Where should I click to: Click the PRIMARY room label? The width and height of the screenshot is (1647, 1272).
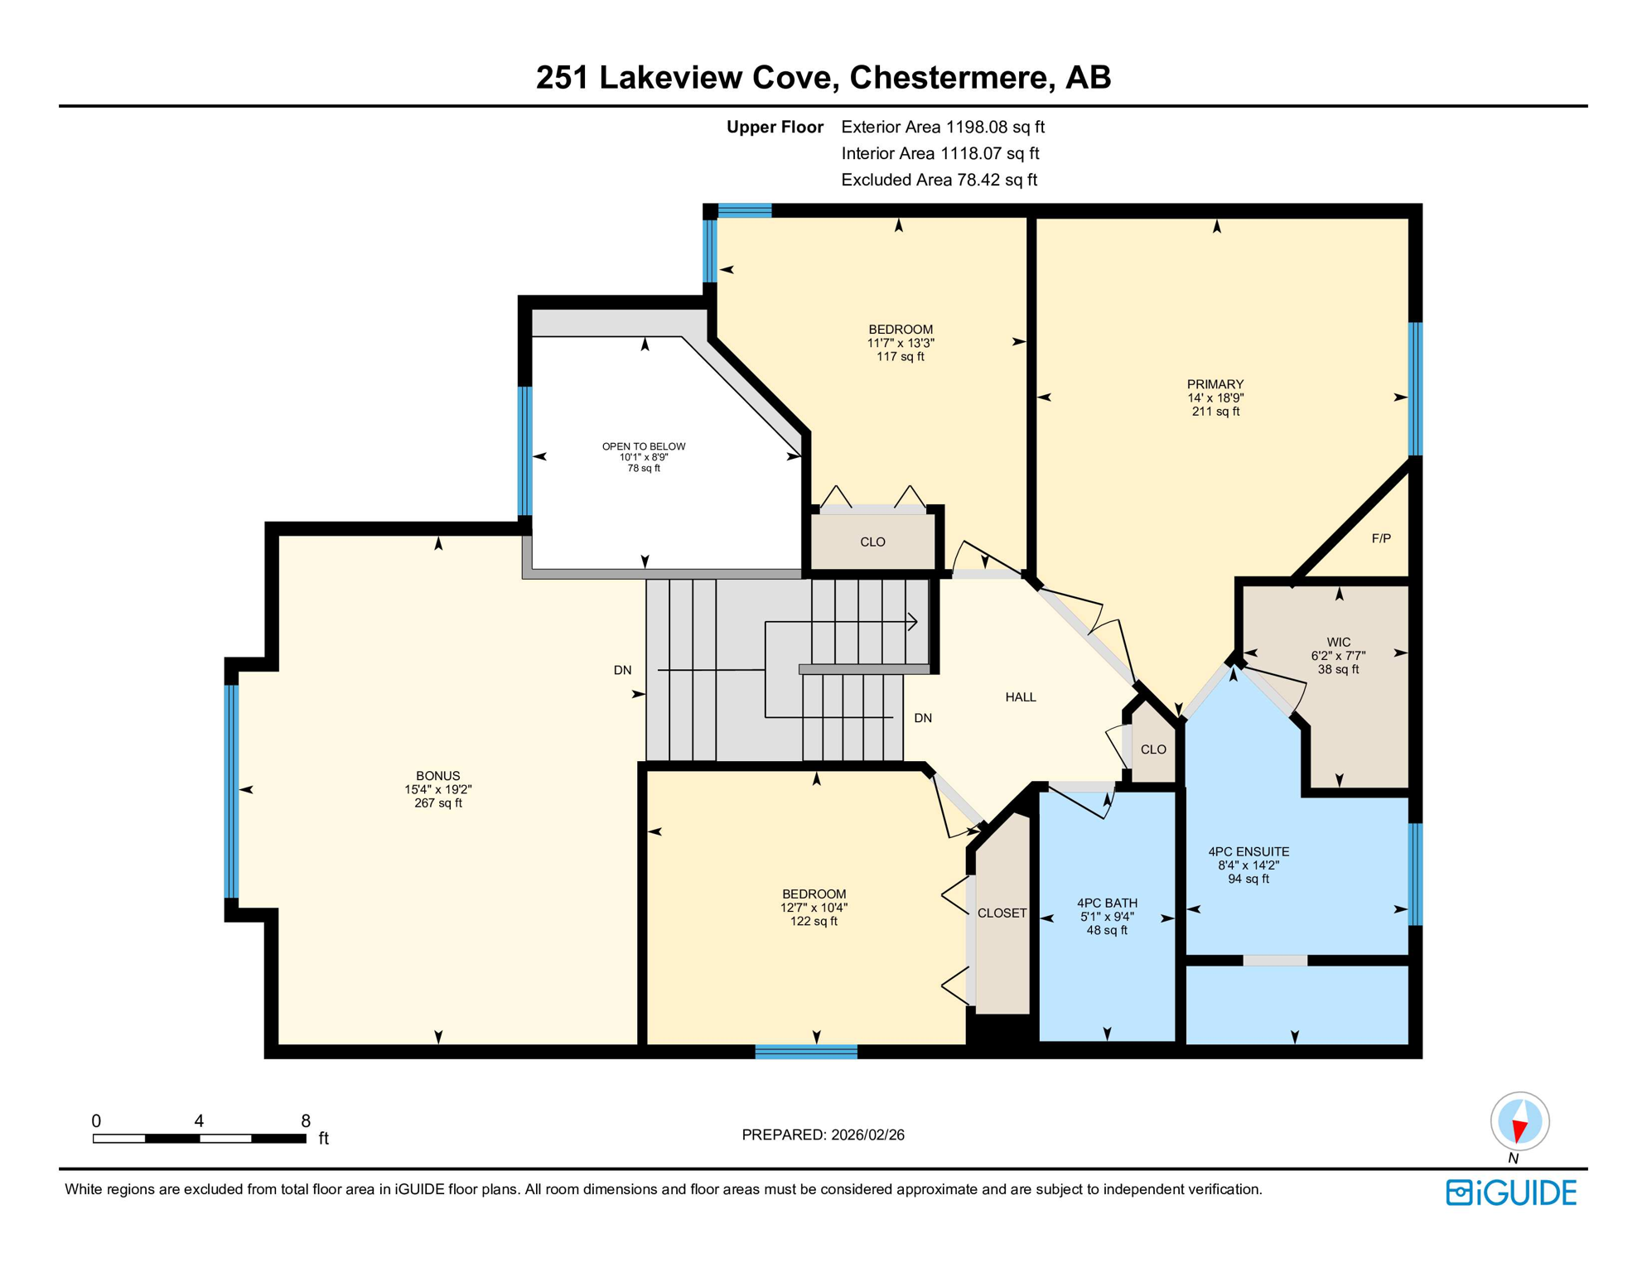[1215, 384]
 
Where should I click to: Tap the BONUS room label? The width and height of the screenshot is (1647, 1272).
[437, 776]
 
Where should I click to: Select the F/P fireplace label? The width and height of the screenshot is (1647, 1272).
[1380, 538]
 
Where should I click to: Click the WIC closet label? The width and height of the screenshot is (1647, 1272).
[1338, 642]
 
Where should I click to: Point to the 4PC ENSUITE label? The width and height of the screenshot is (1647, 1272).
[1248, 851]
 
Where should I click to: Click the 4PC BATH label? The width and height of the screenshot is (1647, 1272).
[1106, 903]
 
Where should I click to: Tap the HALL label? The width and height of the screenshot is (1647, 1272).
[1020, 697]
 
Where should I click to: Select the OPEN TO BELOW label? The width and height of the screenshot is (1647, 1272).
[643, 446]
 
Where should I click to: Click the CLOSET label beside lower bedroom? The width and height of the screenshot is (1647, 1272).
[1002, 913]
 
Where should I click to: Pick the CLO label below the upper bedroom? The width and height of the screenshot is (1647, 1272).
[872, 542]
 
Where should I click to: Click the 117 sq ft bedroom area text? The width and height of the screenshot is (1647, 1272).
[900, 357]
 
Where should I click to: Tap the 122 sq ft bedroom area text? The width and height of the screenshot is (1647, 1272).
[814, 921]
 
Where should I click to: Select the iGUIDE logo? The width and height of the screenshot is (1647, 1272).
[1511, 1192]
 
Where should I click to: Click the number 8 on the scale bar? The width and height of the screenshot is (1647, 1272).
[306, 1120]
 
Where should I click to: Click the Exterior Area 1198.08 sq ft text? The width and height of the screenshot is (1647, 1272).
[942, 127]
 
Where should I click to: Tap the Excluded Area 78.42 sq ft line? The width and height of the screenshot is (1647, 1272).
[938, 180]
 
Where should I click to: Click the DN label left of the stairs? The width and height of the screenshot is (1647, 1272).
[622, 670]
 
